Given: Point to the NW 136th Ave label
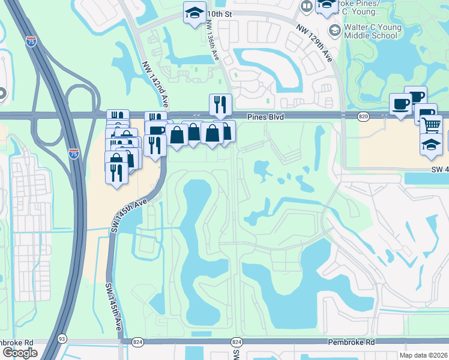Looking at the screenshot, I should tap(212, 41).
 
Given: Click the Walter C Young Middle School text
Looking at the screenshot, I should tap(370, 31).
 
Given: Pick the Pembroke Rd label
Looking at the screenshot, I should tap(351, 341).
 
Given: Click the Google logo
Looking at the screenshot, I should tap(20, 352).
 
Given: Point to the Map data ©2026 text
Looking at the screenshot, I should tap(424, 355).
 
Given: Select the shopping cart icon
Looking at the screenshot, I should tap(430, 125).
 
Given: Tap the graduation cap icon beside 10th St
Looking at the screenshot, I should tap(194, 13).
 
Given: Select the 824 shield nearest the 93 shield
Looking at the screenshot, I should tap(138, 341).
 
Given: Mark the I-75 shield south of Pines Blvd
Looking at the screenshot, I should tap(73, 154).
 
